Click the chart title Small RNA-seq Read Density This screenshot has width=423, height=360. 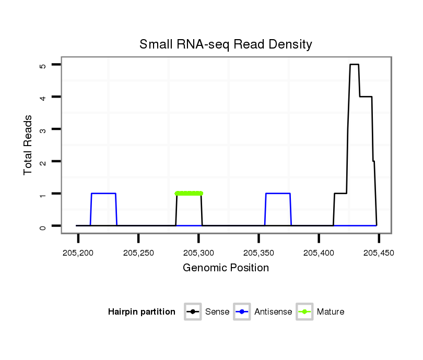coord(226,44)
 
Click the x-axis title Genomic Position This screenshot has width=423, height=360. coord(226,268)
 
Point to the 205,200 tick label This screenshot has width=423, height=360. coord(78,253)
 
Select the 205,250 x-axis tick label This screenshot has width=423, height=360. coord(138,253)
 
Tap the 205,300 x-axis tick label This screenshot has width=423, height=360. coord(198,253)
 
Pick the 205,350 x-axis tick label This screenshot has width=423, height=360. coord(258,253)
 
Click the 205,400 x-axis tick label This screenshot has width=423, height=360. coord(319,253)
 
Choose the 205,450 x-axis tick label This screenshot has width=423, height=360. coord(379,253)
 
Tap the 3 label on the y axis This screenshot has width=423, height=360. coord(42,129)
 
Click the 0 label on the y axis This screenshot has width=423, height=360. coord(42,226)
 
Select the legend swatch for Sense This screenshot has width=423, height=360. coord(193,312)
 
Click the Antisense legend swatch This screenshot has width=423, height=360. coord(242,312)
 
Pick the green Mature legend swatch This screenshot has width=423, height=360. coord(304,312)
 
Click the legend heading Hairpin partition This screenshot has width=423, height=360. coord(142,312)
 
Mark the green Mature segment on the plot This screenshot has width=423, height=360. coord(189,193)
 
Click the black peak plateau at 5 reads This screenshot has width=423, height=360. coord(354,64)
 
